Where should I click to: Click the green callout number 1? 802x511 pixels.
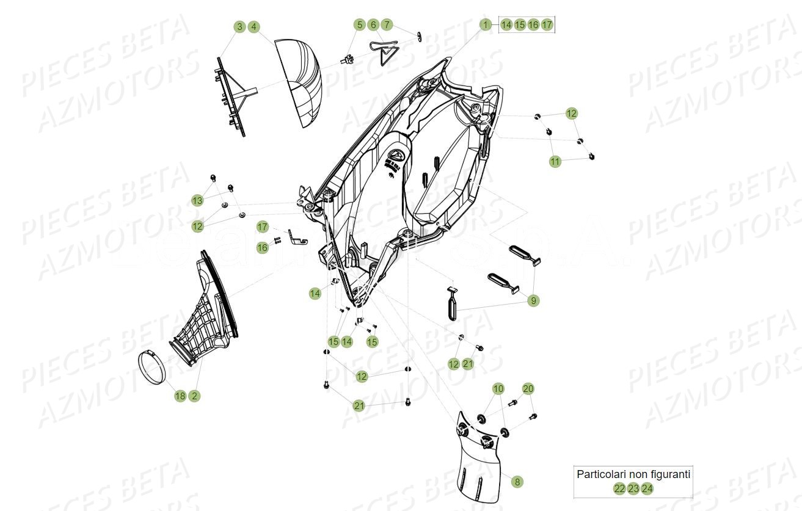pyautogui.click(x=485, y=25)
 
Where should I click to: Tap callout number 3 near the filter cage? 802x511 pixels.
pyautogui.click(x=240, y=27)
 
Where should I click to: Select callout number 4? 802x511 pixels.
pyautogui.click(x=254, y=27)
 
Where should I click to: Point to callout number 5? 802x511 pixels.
pyautogui.click(x=360, y=25)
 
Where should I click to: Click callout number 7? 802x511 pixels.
pyautogui.click(x=387, y=25)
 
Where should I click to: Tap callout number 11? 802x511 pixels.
pyautogui.click(x=555, y=162)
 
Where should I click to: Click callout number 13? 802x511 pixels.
pyautogui.click(x=197, y=200)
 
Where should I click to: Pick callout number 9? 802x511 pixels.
pyautogui.click(x=534, y=300)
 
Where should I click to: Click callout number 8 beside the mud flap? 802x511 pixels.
pyautogui.click(x=517, y=482)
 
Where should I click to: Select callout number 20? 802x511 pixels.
pyautogui.click(x=528, y=389)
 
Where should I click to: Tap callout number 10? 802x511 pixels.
pyautogui.click(x=498, y=389)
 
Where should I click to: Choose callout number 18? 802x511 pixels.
pyautogui.click(x=180, y=396)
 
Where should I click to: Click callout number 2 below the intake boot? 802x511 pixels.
pyautogui.click(x=194, y=396)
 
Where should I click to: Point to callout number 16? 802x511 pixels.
pyautogui.click(x=262, y=247)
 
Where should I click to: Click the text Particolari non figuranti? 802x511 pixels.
pyautogui.click(x=633, y=474)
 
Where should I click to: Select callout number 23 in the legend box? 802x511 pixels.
pyautogui.click(x=633, y=488)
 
